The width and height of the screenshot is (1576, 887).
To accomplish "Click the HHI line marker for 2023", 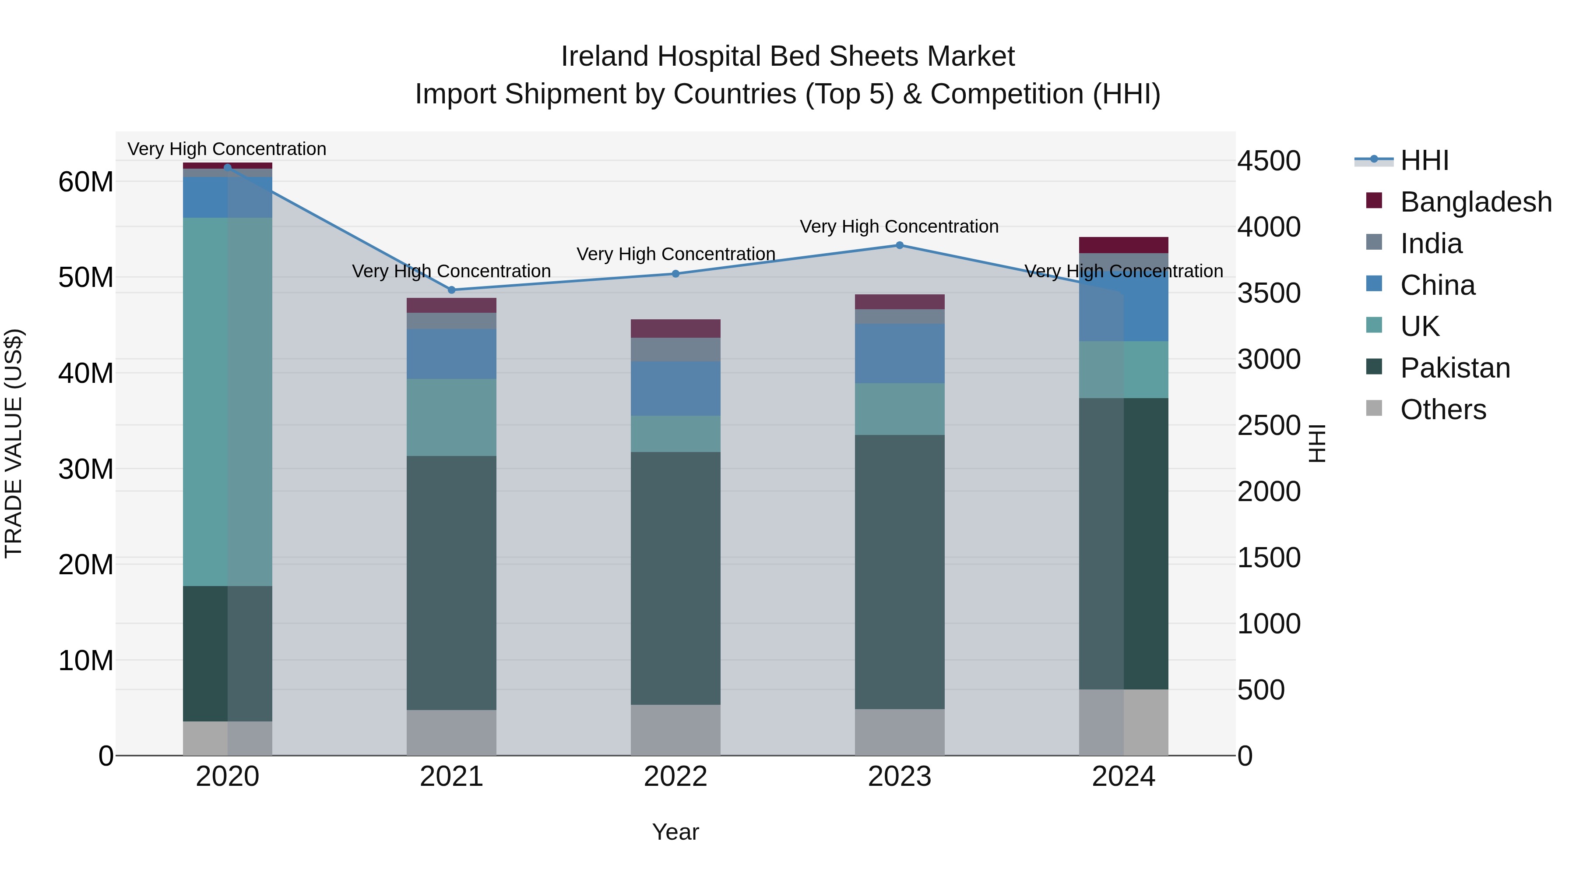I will coord(899,245).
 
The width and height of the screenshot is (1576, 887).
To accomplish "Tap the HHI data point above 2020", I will coord(228,167).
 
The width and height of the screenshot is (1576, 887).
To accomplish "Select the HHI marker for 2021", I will coord(451,290).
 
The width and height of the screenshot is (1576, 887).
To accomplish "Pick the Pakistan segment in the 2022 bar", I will coord(675,579).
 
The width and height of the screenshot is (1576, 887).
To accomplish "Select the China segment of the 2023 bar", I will coord(899,354).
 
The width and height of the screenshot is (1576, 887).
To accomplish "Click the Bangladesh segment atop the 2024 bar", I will coord(1123,245).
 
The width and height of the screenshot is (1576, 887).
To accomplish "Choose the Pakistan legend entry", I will coord(1455,368).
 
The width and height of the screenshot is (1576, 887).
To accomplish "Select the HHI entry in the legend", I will coord(1424,160).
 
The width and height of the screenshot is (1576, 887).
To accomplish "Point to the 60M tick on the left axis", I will coord(86,182).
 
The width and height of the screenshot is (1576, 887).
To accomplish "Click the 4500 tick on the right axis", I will coord(1269,161).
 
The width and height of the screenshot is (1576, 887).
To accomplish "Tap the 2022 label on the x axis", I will coord(675,777).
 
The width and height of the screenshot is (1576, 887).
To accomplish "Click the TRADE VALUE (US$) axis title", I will coord(14,444).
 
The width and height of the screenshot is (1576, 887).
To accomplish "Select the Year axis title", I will coord(675,832).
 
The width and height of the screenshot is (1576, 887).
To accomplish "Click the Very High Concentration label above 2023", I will coord(899,226).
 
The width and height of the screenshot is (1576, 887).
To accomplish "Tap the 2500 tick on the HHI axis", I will coord(1269,425).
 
